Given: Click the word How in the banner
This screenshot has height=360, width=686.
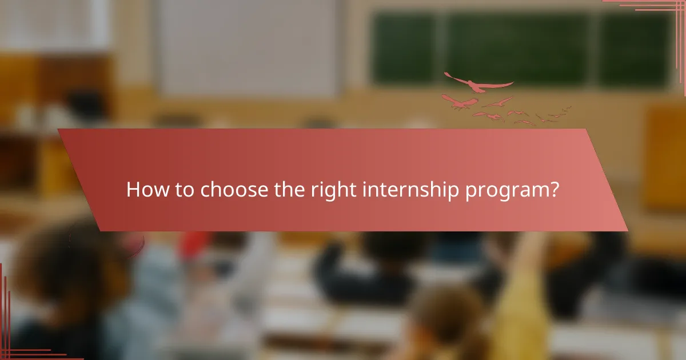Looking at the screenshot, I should (143, 190).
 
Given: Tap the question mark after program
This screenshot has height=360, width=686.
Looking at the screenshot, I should (553, 189).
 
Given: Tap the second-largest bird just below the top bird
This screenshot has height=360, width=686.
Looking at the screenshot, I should (460, 103).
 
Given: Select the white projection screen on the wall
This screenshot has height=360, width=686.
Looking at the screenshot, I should (249, 49).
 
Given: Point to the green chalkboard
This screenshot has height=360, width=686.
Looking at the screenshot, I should (520, 49).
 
